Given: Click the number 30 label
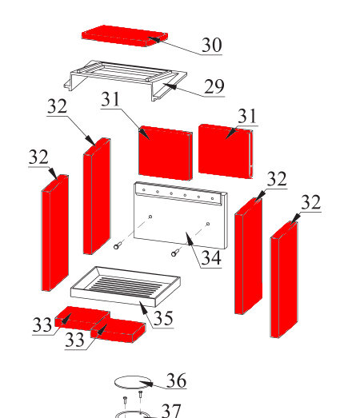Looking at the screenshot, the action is click(x=212, y=45).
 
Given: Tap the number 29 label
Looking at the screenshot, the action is click(x=214, y=86).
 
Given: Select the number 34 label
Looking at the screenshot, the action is click(x=211, y=258).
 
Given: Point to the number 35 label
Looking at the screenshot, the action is click(x=163, y=318).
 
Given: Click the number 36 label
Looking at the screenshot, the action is click(x=176, y=380).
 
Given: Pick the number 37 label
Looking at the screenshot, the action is click(x=171, y=411).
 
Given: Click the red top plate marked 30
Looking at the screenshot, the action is click(x=125, y=36).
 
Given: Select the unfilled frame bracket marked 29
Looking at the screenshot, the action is click(x=125, y=79).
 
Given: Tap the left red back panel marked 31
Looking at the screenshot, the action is click(x=166, y=153).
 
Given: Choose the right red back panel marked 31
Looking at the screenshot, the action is click(x=226, y=151).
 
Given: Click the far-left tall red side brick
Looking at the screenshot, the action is click(x=55, y=233).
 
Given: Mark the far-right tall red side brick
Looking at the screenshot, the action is click(x=284, y=280).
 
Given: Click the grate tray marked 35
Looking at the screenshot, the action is click(x=126, y=286).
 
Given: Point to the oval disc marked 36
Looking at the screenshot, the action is click(x=133, y=382).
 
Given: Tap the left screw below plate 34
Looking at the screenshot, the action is click(x=118, y=245).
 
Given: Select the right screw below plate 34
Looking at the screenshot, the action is click(x=175, y=253).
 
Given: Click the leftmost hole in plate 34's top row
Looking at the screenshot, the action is click(x=144, y=189).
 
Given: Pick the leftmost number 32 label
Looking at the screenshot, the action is click(x=38, y=157).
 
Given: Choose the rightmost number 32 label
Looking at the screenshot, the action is click(x=311, y=202).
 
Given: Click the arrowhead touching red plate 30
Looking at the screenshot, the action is click(x=154, y=39).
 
